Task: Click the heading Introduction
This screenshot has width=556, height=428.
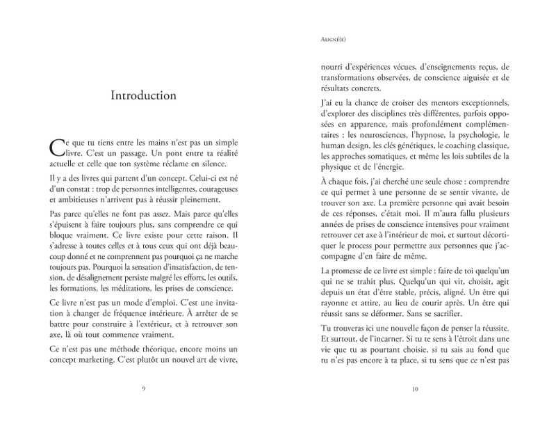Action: (x=143, y=95)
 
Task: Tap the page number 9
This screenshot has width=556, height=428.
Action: (x=143, y=389)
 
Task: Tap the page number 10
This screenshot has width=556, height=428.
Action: (x=415, y=389)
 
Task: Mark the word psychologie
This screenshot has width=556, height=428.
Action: (x=484, y=134)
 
